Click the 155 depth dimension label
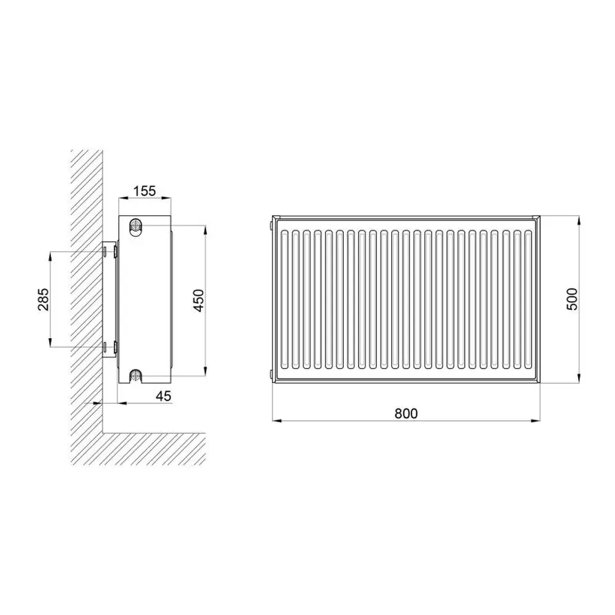145,191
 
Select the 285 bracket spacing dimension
44,300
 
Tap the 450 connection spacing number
199,301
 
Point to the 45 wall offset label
164,396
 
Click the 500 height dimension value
572,299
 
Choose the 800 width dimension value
406,413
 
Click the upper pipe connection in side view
136,226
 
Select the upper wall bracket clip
116,251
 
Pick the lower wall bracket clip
116,347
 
